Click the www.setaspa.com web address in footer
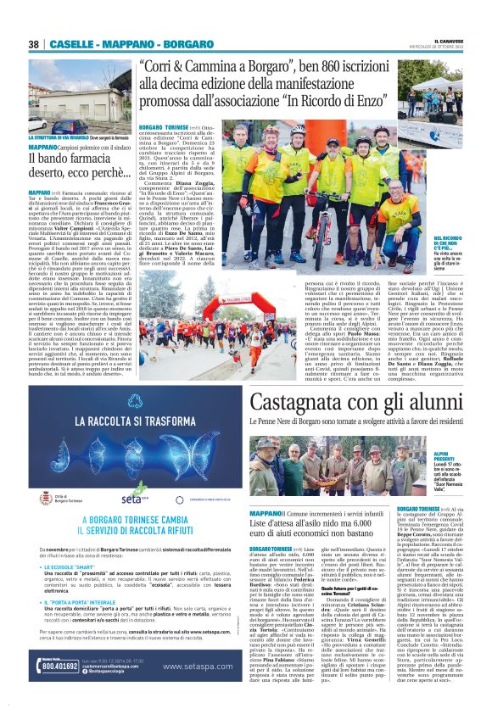[x=195, y=667]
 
